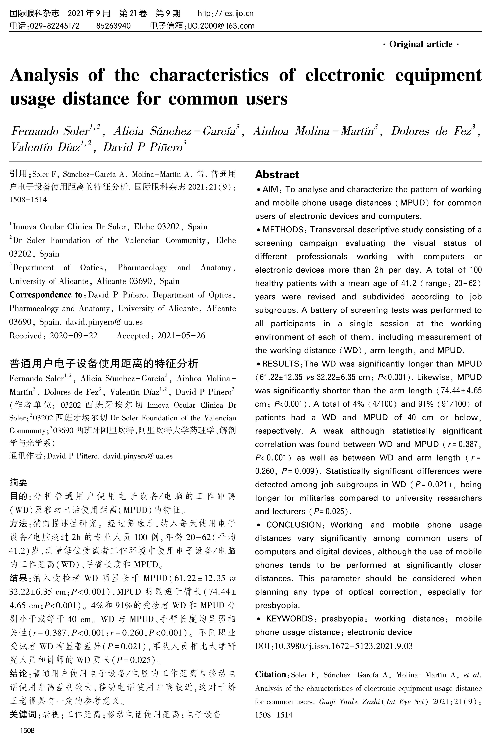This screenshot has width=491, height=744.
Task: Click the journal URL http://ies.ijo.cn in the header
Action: point(225,13)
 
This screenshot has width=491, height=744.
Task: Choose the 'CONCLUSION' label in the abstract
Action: point(293,525)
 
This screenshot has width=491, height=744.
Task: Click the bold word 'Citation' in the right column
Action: point(271,674)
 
